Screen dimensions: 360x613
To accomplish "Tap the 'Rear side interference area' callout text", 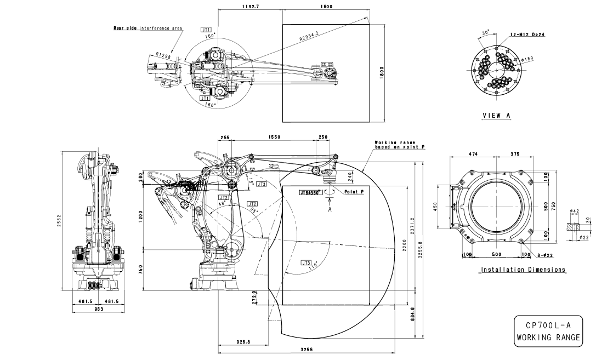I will (x=147, y=28).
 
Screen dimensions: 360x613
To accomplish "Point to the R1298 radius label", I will (x=163, y=54).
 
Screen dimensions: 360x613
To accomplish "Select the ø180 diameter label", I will (x=529, y=58).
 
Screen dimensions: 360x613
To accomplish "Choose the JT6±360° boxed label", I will (x=309, y=193).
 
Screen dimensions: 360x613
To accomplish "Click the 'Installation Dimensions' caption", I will (x=523, y=270).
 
